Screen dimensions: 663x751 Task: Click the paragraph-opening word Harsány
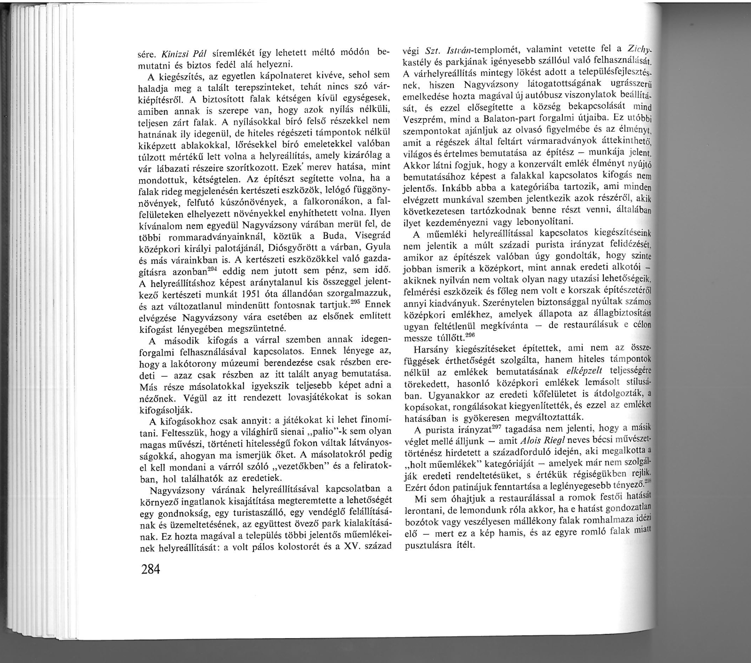click(429, 349)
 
